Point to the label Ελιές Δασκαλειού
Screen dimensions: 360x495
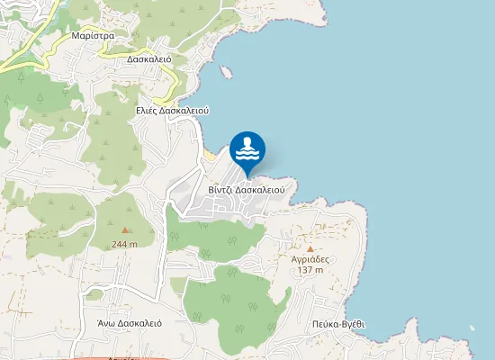pyautogui.click(x=172, y=110)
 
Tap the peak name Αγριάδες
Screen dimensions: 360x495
pyautogui.click(x=310, y=258)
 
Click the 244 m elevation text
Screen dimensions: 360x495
pyautogui.click(x=125, y=244)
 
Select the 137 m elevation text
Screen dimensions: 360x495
pyautogui.click(x=310, y=269)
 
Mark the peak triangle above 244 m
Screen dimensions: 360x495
pyautogui.click(x=125, y=231)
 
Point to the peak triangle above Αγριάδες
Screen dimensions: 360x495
pyautogui.click(x=310, y=247)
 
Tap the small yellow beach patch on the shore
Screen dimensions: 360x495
pyautogui.click(x=210, y=156)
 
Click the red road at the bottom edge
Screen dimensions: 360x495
pyautogui.click(x=117, y=357)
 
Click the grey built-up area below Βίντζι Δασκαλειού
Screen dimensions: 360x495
pyautogui.click(x=220, y=207)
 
